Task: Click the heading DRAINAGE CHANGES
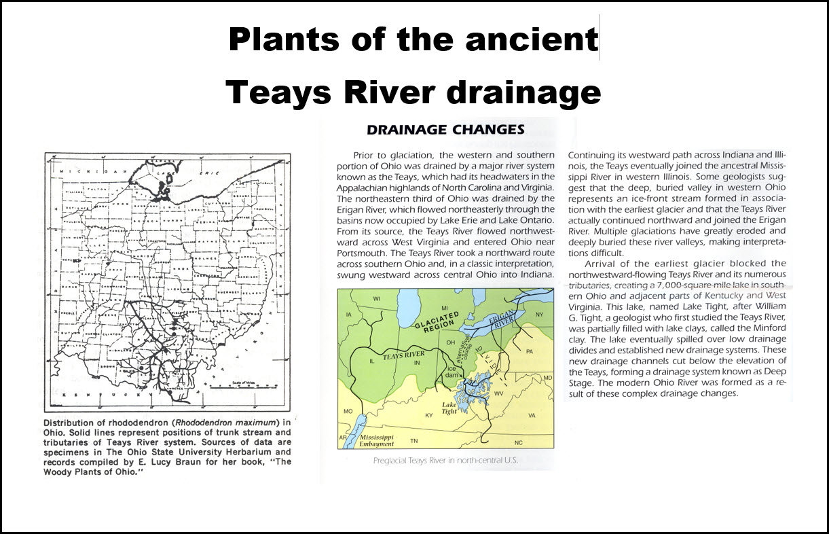coord(445,129)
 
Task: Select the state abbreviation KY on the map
coord(428,414)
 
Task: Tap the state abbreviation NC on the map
coord(519,442)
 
